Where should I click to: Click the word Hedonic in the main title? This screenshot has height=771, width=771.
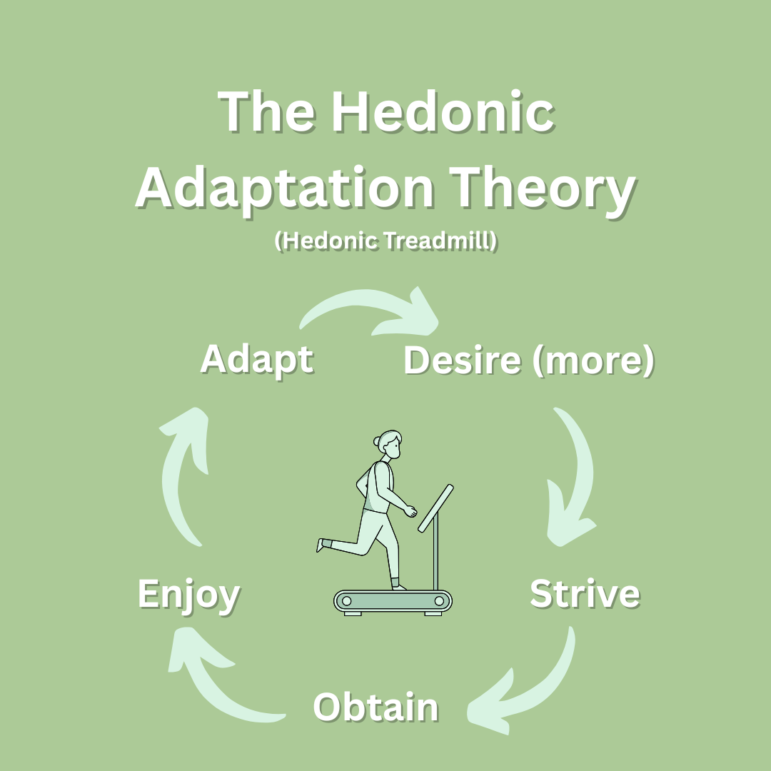click(443, 111)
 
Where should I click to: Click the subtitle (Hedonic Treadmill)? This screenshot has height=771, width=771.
click(386, 241)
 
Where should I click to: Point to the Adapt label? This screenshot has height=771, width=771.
click(257, 360)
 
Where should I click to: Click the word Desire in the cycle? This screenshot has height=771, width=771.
click(462, 360)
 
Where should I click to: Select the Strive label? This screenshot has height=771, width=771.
click(585, 593)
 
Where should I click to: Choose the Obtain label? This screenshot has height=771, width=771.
click(376, 707)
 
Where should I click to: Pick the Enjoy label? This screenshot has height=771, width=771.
click(188, 595)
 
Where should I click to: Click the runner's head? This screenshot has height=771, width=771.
click(388, 445)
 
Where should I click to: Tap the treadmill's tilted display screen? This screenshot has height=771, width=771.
click(435, 508)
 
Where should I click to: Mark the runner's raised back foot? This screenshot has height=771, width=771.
click(321, 545)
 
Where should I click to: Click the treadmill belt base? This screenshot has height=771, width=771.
click(393, 602)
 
